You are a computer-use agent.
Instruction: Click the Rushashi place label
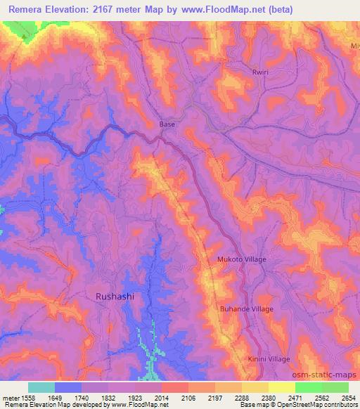tap(114, 297)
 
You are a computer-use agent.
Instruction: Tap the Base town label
tap(167, 124)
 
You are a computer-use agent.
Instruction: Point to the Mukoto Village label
tap(241, 259)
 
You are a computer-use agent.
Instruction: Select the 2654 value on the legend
tap(349, 397)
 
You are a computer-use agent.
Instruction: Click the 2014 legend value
tap(162, 397)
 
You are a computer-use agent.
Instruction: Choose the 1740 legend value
tap(82, 397)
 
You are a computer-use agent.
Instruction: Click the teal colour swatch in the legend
tap(41, 387)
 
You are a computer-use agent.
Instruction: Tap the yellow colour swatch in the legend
tap(282, 387)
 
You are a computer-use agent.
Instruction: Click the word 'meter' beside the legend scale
tap(8, 397)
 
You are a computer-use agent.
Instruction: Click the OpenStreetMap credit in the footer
tap(328, 405)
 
